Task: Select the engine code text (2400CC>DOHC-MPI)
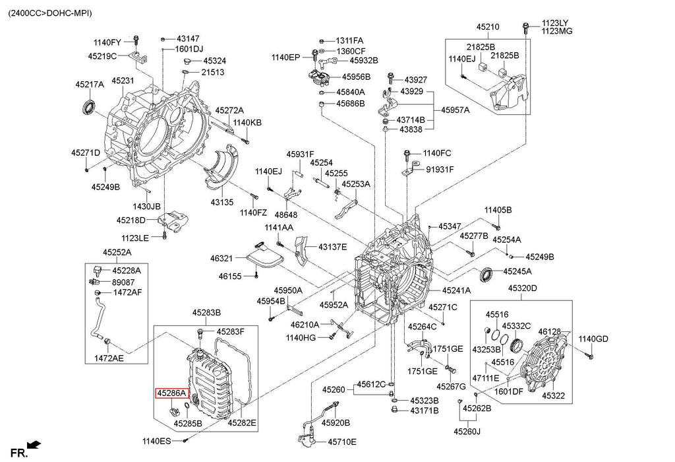(50, 13)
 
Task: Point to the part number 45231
(123, 81)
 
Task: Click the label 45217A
(89, 84)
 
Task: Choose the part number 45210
(488, 27)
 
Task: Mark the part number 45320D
(522, 288)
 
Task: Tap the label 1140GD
(593, 339)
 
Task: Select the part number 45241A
(456, 290)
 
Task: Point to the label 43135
(222, 202)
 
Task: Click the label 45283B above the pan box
(206, 312)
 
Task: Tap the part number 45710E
(341, 442)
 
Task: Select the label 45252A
(117, 252)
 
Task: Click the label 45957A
(455, 110)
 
